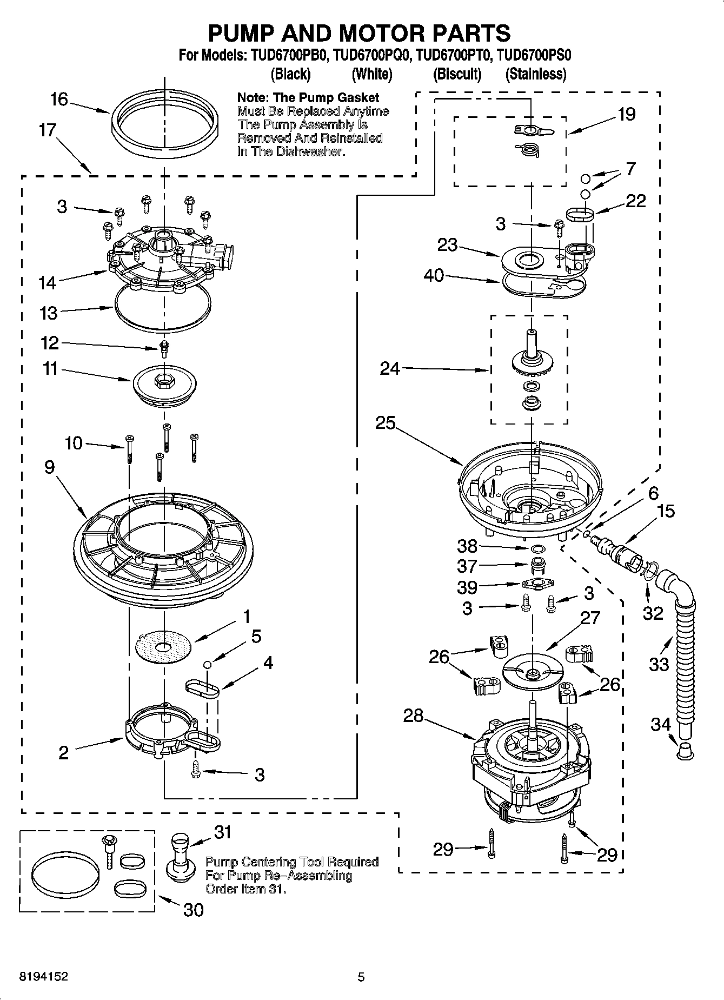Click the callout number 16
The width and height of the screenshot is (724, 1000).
(x=59, y=100)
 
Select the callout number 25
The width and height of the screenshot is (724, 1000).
(x=386, y=423)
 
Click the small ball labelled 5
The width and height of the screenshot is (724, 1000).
(x=207, y=664)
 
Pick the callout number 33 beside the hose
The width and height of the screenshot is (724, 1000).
(x=659, y=664)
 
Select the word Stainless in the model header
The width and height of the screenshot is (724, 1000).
(x=536, y=74)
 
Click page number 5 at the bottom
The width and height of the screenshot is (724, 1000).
(x=361, y=977)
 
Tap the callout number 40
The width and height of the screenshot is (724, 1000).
(x=434, y=276)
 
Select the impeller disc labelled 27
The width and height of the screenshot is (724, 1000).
(x=532, y=672)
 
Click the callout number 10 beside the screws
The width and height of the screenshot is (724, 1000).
(x=74, y=443)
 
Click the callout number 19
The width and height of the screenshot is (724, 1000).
(x=627, y=115)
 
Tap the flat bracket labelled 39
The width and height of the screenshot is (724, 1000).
(x=535, y=584)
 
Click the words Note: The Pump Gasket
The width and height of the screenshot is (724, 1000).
(x=308, y=98)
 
